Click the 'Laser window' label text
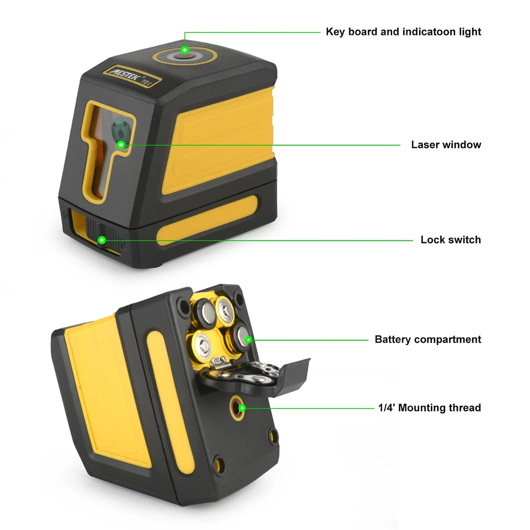[x=446, y=145]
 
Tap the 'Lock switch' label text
[x=450, y=240]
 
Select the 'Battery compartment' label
[x=428, y=339]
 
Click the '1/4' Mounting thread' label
[x=429, y=408]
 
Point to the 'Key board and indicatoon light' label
[x=403, y=32]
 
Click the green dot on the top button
[x=184, y=50]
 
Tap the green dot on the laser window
[x=121, y=144]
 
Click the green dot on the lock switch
[x=102, y=240]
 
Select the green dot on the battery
[x=248, y=339]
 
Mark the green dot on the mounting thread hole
[x=242, y=408]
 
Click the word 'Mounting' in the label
[x=425, y=408]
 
